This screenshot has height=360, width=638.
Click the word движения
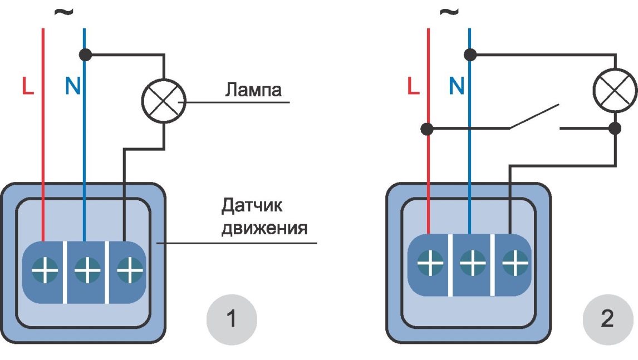tap(264, 228)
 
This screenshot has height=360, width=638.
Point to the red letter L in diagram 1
tap(27, 86)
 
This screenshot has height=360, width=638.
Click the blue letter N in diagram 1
tap(72, 86)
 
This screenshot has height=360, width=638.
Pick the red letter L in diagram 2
tap(413, 86)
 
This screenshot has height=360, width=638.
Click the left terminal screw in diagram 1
tap(44, 271)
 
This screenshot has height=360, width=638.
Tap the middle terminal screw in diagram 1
tap(87, 271)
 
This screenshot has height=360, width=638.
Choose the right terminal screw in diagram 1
tap(129, 271)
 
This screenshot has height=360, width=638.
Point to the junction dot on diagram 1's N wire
tap(85, 55)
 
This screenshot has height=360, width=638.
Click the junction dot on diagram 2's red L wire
tap(427, 129)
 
